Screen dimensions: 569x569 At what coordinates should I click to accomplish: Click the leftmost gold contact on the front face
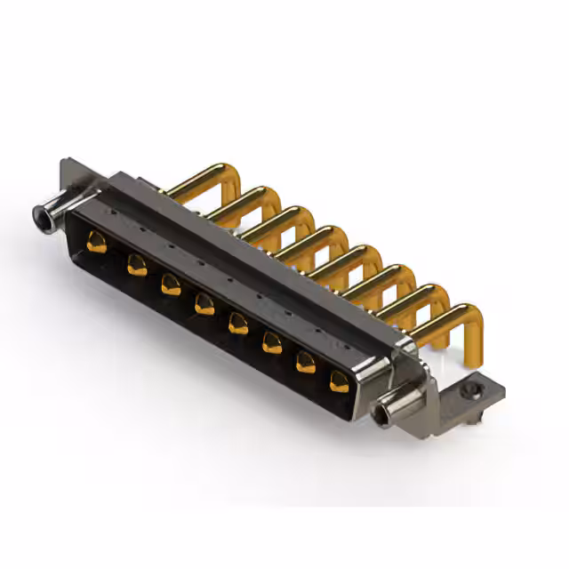tap(97, 242)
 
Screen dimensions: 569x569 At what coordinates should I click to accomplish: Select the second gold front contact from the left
tap(136, 264)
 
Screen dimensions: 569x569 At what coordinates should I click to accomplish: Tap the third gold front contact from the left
tap(171, 284)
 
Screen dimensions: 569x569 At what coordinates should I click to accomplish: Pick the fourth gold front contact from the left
tap(204, 304)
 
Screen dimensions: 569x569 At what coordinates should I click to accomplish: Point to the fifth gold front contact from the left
tap(238, 323)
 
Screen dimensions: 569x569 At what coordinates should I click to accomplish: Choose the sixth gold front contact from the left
tap(272, 342)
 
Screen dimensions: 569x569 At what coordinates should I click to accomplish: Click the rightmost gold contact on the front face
tap(339, 381)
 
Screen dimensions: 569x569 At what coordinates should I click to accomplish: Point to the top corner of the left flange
tap(64, 163)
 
